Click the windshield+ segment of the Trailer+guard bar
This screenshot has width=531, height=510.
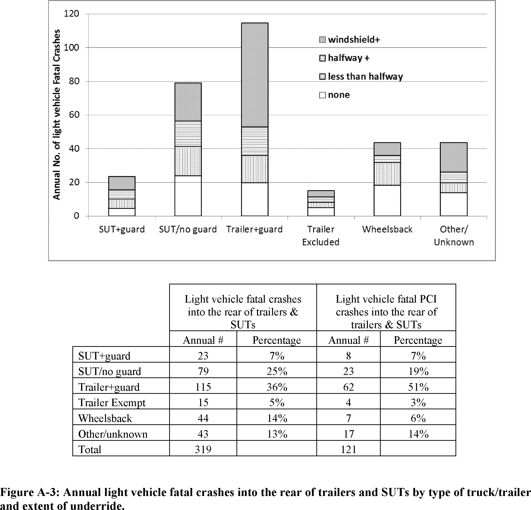click(255, 75)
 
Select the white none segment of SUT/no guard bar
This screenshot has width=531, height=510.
click(188, 196)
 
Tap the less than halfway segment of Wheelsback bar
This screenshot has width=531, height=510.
click(387, 174)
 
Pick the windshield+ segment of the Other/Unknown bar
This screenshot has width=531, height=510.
click(454, 157)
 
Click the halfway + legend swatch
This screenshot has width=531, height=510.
click(322, 58)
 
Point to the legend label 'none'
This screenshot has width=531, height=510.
click(339, 95)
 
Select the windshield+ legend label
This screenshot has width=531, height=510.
click(354, 40)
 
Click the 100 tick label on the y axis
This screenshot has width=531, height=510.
click(71, 48)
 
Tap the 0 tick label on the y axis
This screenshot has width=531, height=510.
click(76, 216)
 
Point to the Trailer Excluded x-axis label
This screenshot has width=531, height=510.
click(321, 236)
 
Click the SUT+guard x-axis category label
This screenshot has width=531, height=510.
click(122, 229)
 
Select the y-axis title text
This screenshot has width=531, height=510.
click(56, 115)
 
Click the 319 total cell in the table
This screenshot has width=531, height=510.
click(203, 449)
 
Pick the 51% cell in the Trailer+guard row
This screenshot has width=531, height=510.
click(418, 387)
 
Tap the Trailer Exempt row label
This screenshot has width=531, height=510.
click(112, 403)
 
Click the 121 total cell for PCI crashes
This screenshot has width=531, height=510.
click(349, 449)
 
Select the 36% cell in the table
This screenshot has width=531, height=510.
click(277, 387)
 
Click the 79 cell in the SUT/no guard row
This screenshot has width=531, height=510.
click(203, 371)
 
